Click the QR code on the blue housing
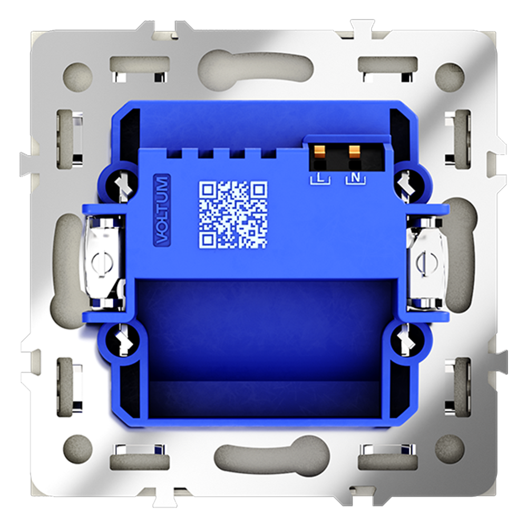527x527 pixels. coord(232,214)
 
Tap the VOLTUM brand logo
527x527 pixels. coord(163,210)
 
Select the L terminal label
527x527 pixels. coord(319,178)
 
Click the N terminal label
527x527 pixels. coord(355,178)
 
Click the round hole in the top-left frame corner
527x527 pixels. coord(77,75)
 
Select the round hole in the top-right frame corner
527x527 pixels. coord(449,75)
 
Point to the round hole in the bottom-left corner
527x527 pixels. coord(77,448)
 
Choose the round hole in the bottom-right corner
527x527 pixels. coord(449,448)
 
